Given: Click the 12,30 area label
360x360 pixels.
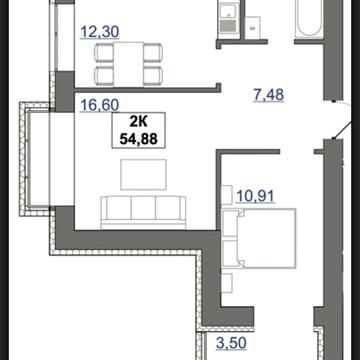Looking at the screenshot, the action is [100, 32].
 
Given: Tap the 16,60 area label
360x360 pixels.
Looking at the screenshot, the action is [99, 105].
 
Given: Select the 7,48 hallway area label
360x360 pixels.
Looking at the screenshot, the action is [269, 95].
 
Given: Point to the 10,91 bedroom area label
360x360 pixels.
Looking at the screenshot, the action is [255, 196].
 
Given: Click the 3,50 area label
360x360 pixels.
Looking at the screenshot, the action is [231, 343].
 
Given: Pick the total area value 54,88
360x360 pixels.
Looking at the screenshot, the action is [138, 139].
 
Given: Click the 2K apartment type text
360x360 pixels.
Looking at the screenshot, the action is [138, 123].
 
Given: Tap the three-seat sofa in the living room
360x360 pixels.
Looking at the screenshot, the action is [143, 213].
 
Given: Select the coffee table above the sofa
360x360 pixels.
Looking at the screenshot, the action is [144, 174].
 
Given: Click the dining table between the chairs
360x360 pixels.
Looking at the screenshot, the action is [129, 64].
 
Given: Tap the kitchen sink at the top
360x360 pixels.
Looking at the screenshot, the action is [228, 11].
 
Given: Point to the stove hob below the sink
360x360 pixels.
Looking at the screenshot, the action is [228, 26].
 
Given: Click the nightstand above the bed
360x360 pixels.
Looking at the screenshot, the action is [227, 195].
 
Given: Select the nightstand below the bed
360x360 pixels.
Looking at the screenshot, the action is [227, 283].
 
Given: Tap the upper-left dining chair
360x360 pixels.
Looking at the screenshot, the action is [104, 53].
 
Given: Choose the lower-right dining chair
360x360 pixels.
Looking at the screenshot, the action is [153, 75].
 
